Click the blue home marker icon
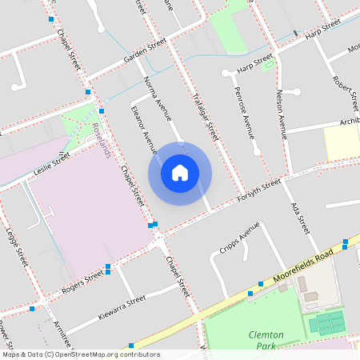pyautogui.click(x=180, y=173)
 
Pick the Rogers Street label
pyautogui.click(x=83, y=281)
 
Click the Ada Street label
pyautogui.click(x=299, y=217)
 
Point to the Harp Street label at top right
pyautogui.click(x=323, y=32)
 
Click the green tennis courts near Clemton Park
pyautogui.click(x=326, y=323)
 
